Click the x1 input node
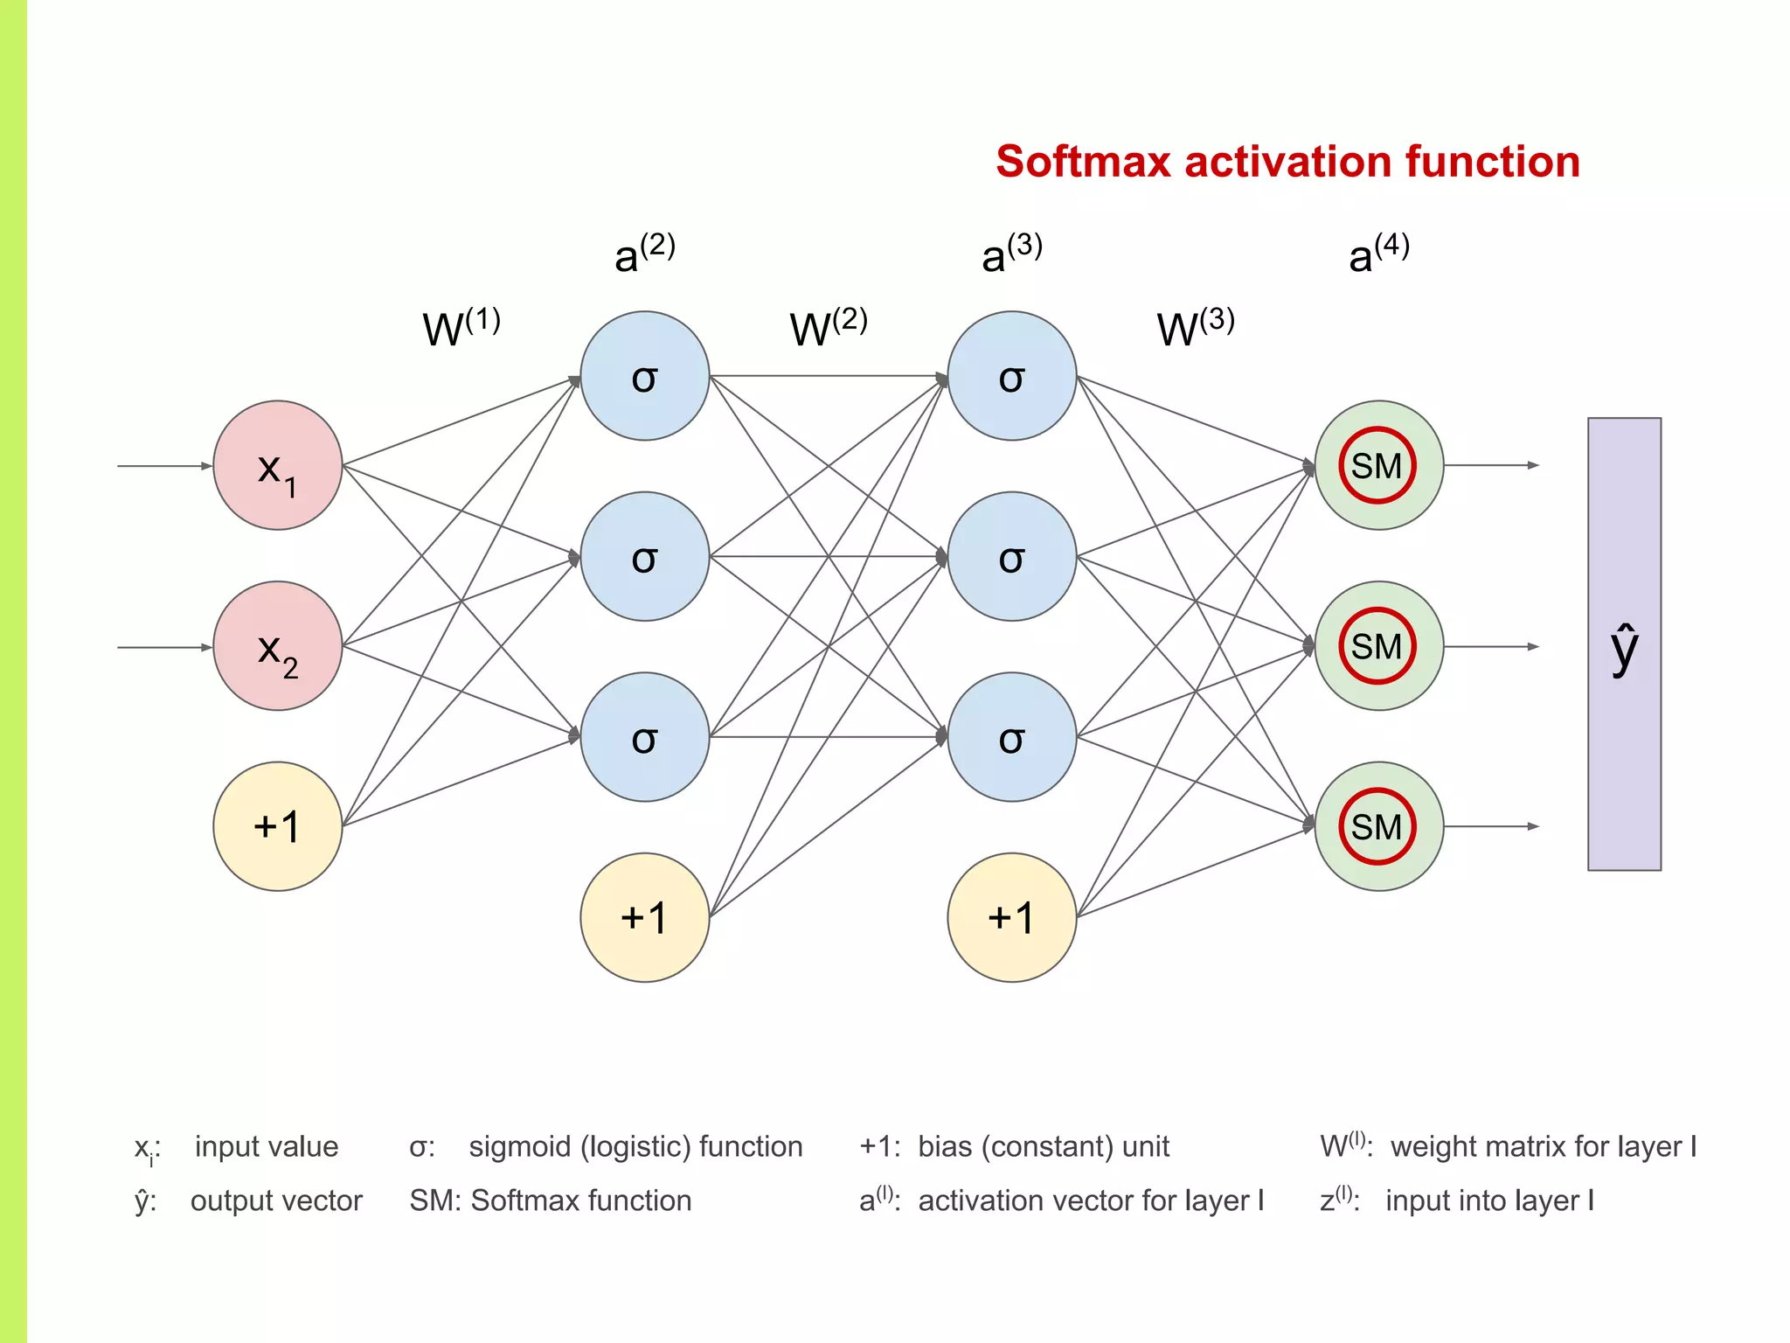click(277, 465)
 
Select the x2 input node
click(277, 646)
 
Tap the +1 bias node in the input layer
click(277, 826)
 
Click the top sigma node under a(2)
click(644, 376)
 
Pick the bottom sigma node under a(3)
click(1011, 737)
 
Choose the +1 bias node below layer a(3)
click(1011, 917)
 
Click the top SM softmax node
click(1378, 465)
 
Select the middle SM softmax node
click(1378, 646)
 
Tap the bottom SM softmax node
click(1378, 826)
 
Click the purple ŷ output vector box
click(1624, 644)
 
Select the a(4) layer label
click(1378, 254)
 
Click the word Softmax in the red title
click(1082, 162)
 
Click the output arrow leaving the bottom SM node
click(1491, 826)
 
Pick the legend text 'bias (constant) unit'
click(1043, 1146)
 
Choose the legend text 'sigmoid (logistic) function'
click(635, 1146)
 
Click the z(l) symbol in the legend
click(1338, 1200)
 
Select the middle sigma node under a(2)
click(644, 556)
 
